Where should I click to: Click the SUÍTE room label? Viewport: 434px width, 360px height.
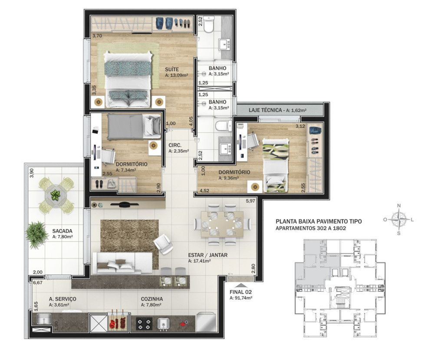click(x=171, y=69)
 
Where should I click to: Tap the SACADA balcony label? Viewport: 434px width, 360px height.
click(x=62, y=231)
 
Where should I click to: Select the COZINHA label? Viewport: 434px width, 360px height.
click(x=151, y=299)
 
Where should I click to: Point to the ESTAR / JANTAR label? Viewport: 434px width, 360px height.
click(x=207, y=255)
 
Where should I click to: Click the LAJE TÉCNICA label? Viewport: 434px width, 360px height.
click(x=265, y=110)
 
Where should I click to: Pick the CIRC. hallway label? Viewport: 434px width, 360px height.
click(x=175, y=145)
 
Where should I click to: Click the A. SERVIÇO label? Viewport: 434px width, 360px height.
click(x=62, y=299)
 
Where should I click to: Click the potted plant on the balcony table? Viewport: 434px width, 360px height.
click(x=56, y=195)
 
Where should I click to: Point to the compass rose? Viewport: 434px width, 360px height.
click(x=398, y=219)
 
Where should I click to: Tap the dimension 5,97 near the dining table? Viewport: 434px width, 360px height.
click(x=250, y=201)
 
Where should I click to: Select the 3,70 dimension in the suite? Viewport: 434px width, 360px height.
click(x=97, y=36)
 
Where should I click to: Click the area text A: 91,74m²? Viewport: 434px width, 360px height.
click(x=241, y=298)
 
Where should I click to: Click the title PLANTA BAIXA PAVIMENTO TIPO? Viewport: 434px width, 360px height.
click(x=319, y=221)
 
